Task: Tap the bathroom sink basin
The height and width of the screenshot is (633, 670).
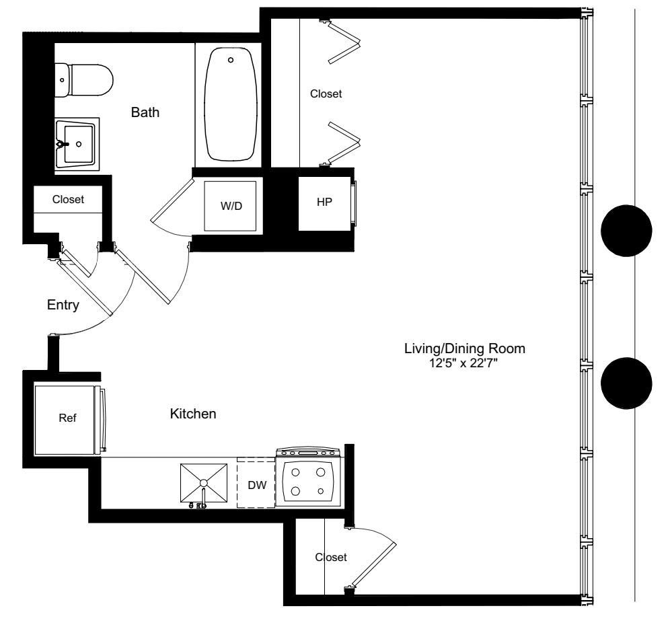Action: [x=77, y=143]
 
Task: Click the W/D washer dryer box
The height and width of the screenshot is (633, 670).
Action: [x=231, y=206]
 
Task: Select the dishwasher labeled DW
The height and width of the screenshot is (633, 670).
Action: [x=256, y=484]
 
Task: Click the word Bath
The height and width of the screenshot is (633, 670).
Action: [x=145, y=113]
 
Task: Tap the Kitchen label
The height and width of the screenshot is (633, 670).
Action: [x=193, y=414]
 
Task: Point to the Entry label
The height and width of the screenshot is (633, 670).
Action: [x=63, y=305]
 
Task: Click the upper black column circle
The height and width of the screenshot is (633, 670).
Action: [x=626, y=231]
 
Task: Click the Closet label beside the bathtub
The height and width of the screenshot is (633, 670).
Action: [x=326, y=94]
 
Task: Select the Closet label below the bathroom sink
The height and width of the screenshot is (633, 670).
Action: [x=68, y=199]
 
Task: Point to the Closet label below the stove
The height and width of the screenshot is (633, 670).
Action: [x=331, y=557]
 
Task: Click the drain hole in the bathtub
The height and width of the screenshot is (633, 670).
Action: [x=231, y=61]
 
